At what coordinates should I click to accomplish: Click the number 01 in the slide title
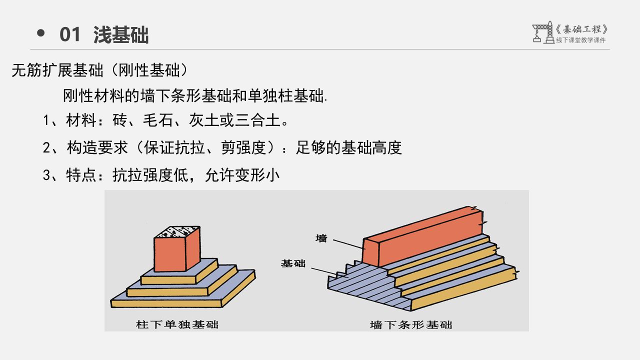pos(70,35)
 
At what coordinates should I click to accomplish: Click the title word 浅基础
pos(121,35)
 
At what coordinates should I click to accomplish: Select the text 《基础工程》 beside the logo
pos(582,29)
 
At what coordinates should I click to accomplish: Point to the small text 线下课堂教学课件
pos(580,40)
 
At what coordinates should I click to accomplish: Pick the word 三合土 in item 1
pos(259,120)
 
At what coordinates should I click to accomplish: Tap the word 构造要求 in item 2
pos(97,147)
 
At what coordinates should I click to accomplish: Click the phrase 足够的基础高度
pos(348,147)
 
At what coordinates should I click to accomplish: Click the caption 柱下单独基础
pos(177,324)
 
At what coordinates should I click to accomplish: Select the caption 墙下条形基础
pos(411,324)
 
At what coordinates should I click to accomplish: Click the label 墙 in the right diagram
pos(321,238)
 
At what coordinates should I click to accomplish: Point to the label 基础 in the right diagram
pos(293,263)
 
